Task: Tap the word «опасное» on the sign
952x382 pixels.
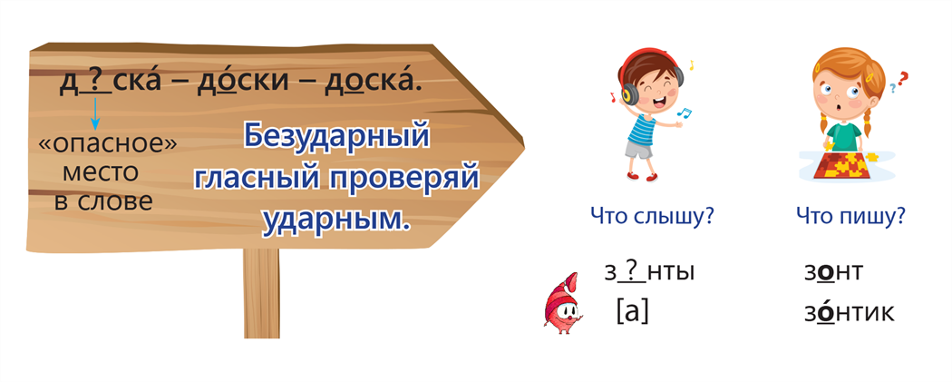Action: click(x=108, y=144)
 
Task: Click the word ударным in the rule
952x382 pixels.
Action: click(x=335, y=220)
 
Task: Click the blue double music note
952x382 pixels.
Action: click(x=685, y=113)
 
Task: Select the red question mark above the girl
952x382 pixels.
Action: click(x=903, y=79)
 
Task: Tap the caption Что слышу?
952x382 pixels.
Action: click(x=651, y=216)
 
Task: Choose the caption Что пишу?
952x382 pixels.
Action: click(x=851, y=216)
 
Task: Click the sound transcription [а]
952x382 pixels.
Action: click(x=632, y=312)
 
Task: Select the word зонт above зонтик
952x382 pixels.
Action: click(x=833, y=272)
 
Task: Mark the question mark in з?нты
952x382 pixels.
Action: click(x=633, y=271)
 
